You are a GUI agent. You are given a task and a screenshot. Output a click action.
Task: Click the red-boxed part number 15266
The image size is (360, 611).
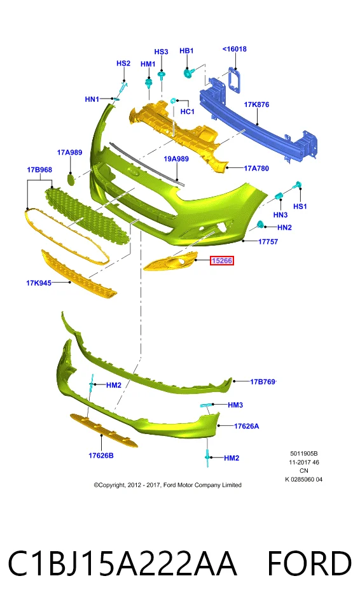222,260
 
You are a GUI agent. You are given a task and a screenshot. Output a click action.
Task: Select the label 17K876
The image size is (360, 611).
256,104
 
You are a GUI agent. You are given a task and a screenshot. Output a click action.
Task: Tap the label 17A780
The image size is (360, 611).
256,168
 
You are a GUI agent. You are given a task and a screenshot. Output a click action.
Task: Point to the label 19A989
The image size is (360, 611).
176,158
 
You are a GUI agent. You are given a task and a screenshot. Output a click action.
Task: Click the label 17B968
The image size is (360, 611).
39,169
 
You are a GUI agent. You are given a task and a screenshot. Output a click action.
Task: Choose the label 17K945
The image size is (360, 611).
39,283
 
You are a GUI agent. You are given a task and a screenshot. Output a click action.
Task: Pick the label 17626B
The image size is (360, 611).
101,455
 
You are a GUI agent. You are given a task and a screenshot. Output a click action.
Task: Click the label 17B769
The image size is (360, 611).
263,381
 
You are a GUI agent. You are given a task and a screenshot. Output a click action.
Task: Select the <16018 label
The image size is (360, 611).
235,49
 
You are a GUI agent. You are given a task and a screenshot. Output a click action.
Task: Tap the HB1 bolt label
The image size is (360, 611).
186,51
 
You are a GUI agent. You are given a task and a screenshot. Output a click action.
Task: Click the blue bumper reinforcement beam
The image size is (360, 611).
259,121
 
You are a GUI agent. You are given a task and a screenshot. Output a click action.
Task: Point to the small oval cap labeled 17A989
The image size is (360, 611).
71,179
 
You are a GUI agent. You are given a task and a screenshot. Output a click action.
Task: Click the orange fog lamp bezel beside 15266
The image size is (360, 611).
170,261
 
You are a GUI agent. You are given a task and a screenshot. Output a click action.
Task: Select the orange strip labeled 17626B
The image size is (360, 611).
104,430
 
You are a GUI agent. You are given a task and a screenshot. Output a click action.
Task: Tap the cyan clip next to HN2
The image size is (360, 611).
260,225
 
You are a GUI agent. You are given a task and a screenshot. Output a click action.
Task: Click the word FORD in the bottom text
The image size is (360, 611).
309,563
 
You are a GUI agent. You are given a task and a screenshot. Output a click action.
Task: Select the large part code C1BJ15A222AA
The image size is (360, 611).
122,563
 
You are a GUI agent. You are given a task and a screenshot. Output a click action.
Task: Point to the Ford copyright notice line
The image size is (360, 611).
167,485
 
